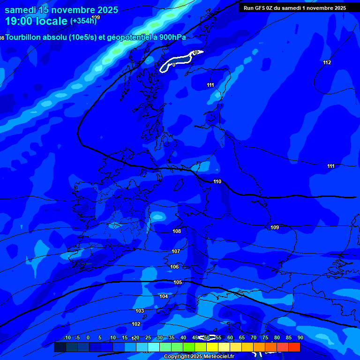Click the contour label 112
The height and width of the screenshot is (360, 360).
(327, 62)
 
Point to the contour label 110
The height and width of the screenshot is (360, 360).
(217, 181)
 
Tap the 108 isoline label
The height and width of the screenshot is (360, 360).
(177, 231)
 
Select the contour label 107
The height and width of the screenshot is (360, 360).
(176, 251)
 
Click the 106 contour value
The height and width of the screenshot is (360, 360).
(174, 267)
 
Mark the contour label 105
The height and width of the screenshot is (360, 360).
(178, 282)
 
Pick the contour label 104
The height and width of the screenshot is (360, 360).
(164, 296)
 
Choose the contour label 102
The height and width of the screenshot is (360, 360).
(136, 324)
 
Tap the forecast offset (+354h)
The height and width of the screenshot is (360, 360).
(83, 21)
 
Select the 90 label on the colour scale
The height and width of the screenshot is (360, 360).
(300, 337)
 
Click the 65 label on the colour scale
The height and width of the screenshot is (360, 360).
(242, 337)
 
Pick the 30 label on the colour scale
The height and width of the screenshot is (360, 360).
(160, 337)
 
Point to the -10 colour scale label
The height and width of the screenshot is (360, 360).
(67, 337)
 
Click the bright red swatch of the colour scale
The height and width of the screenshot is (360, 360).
(294, 347)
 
